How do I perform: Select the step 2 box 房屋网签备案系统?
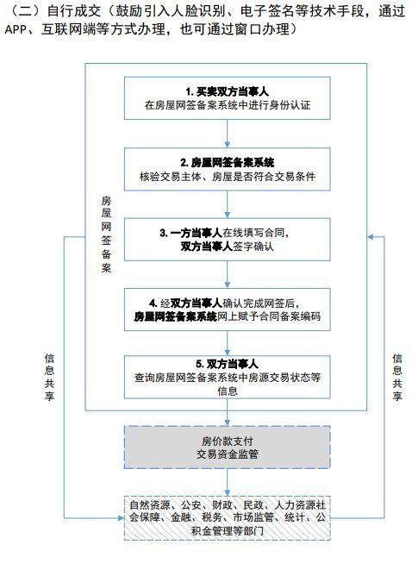point(227,168)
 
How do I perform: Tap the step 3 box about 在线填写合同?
point(227,238)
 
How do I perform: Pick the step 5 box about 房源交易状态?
point(227,377)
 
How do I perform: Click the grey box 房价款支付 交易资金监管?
point(227,445)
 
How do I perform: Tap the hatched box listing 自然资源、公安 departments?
point(227,516)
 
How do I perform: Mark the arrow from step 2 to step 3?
point(227,203)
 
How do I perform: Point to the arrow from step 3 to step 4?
point(227,273)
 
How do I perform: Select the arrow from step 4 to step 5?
point(227,343)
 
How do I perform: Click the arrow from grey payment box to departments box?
point(227,481)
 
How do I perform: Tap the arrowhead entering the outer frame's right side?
point(371,237)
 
